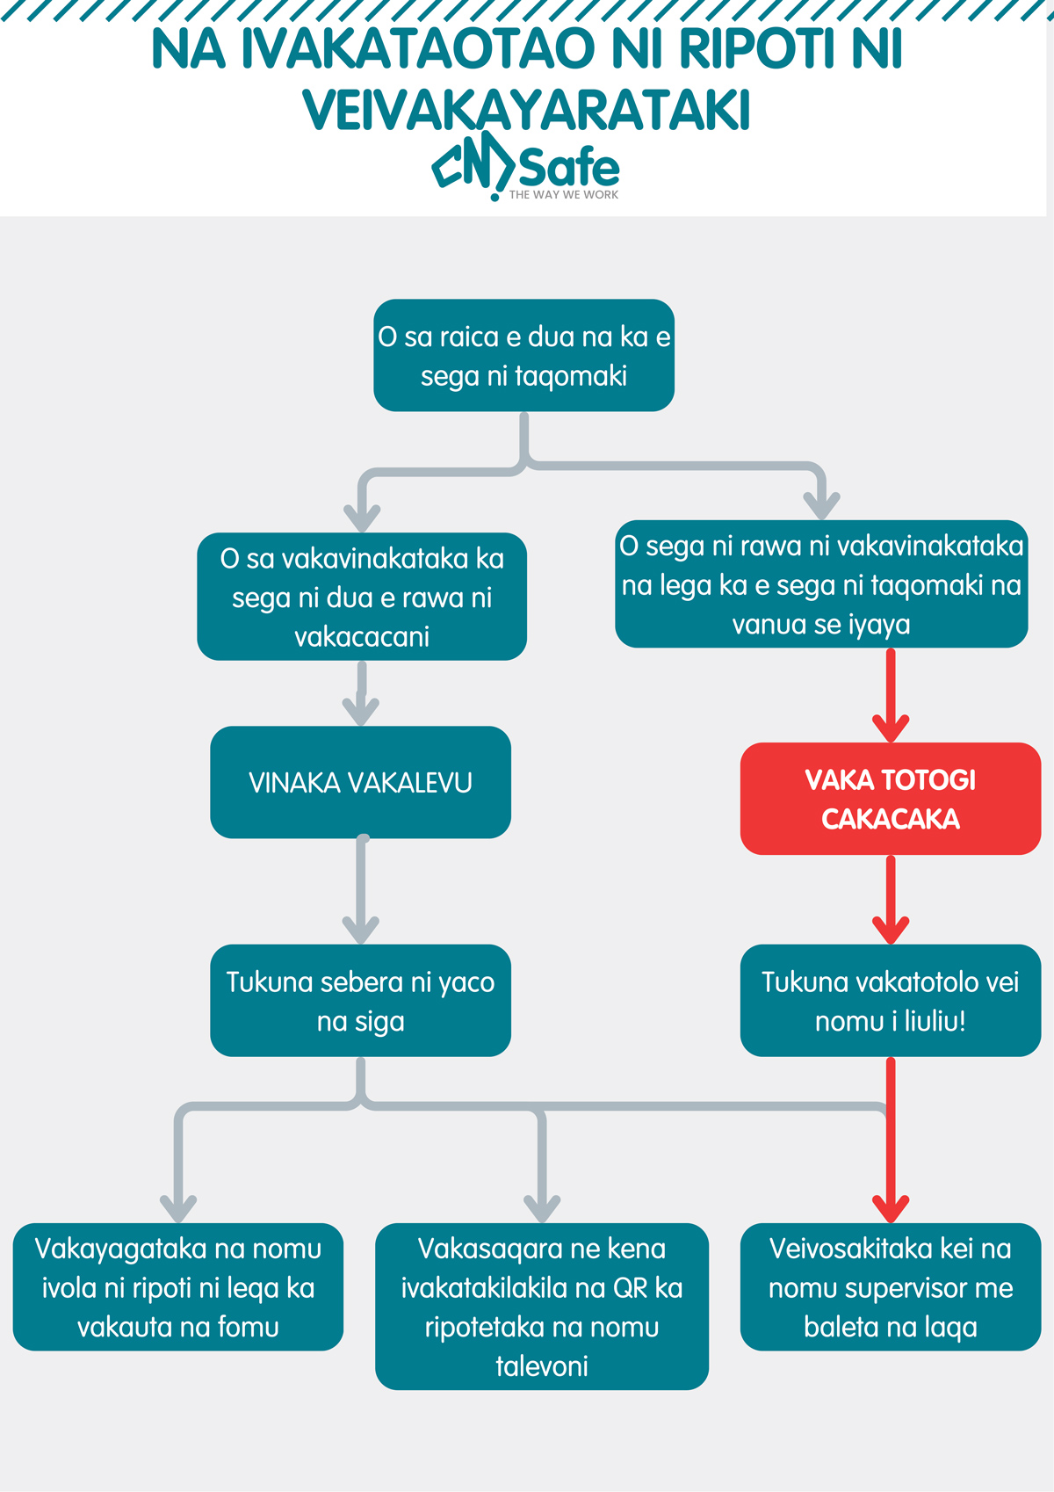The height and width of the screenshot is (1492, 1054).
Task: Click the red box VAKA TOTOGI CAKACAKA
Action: (890, 799)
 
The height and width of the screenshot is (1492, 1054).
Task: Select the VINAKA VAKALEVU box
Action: (360, 782)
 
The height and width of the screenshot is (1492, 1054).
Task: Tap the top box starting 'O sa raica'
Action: (523, 356)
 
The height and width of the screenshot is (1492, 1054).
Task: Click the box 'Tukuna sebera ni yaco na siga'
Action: (360, 1001)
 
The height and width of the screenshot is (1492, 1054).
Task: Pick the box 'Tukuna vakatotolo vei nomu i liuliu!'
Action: (890, 1001)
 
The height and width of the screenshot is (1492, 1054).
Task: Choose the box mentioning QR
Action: (541, 1306)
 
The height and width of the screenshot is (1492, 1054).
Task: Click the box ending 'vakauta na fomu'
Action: (177, 1286)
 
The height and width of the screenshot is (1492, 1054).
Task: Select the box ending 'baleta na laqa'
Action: (890, 1286)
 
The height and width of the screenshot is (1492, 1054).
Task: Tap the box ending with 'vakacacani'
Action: (361, 597)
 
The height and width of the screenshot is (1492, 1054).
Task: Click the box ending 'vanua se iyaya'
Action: (821, 584)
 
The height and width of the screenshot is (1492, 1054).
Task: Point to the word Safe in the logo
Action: (569, 167)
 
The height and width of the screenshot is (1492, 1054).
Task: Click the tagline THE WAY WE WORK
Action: (564, 195)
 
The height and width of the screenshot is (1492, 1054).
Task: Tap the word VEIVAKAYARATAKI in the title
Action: (526, 111)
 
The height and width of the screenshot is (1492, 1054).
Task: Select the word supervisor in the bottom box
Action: (891, 1288)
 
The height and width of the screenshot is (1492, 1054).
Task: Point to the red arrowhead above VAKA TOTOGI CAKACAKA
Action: (891, 728)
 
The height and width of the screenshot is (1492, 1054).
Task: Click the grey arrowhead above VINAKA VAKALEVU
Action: (360, 710)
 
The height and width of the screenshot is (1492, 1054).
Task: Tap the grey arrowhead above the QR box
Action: (542, 1206)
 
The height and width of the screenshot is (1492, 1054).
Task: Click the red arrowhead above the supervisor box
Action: (891, 1206)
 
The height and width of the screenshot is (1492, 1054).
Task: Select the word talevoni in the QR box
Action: (541, 1366)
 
